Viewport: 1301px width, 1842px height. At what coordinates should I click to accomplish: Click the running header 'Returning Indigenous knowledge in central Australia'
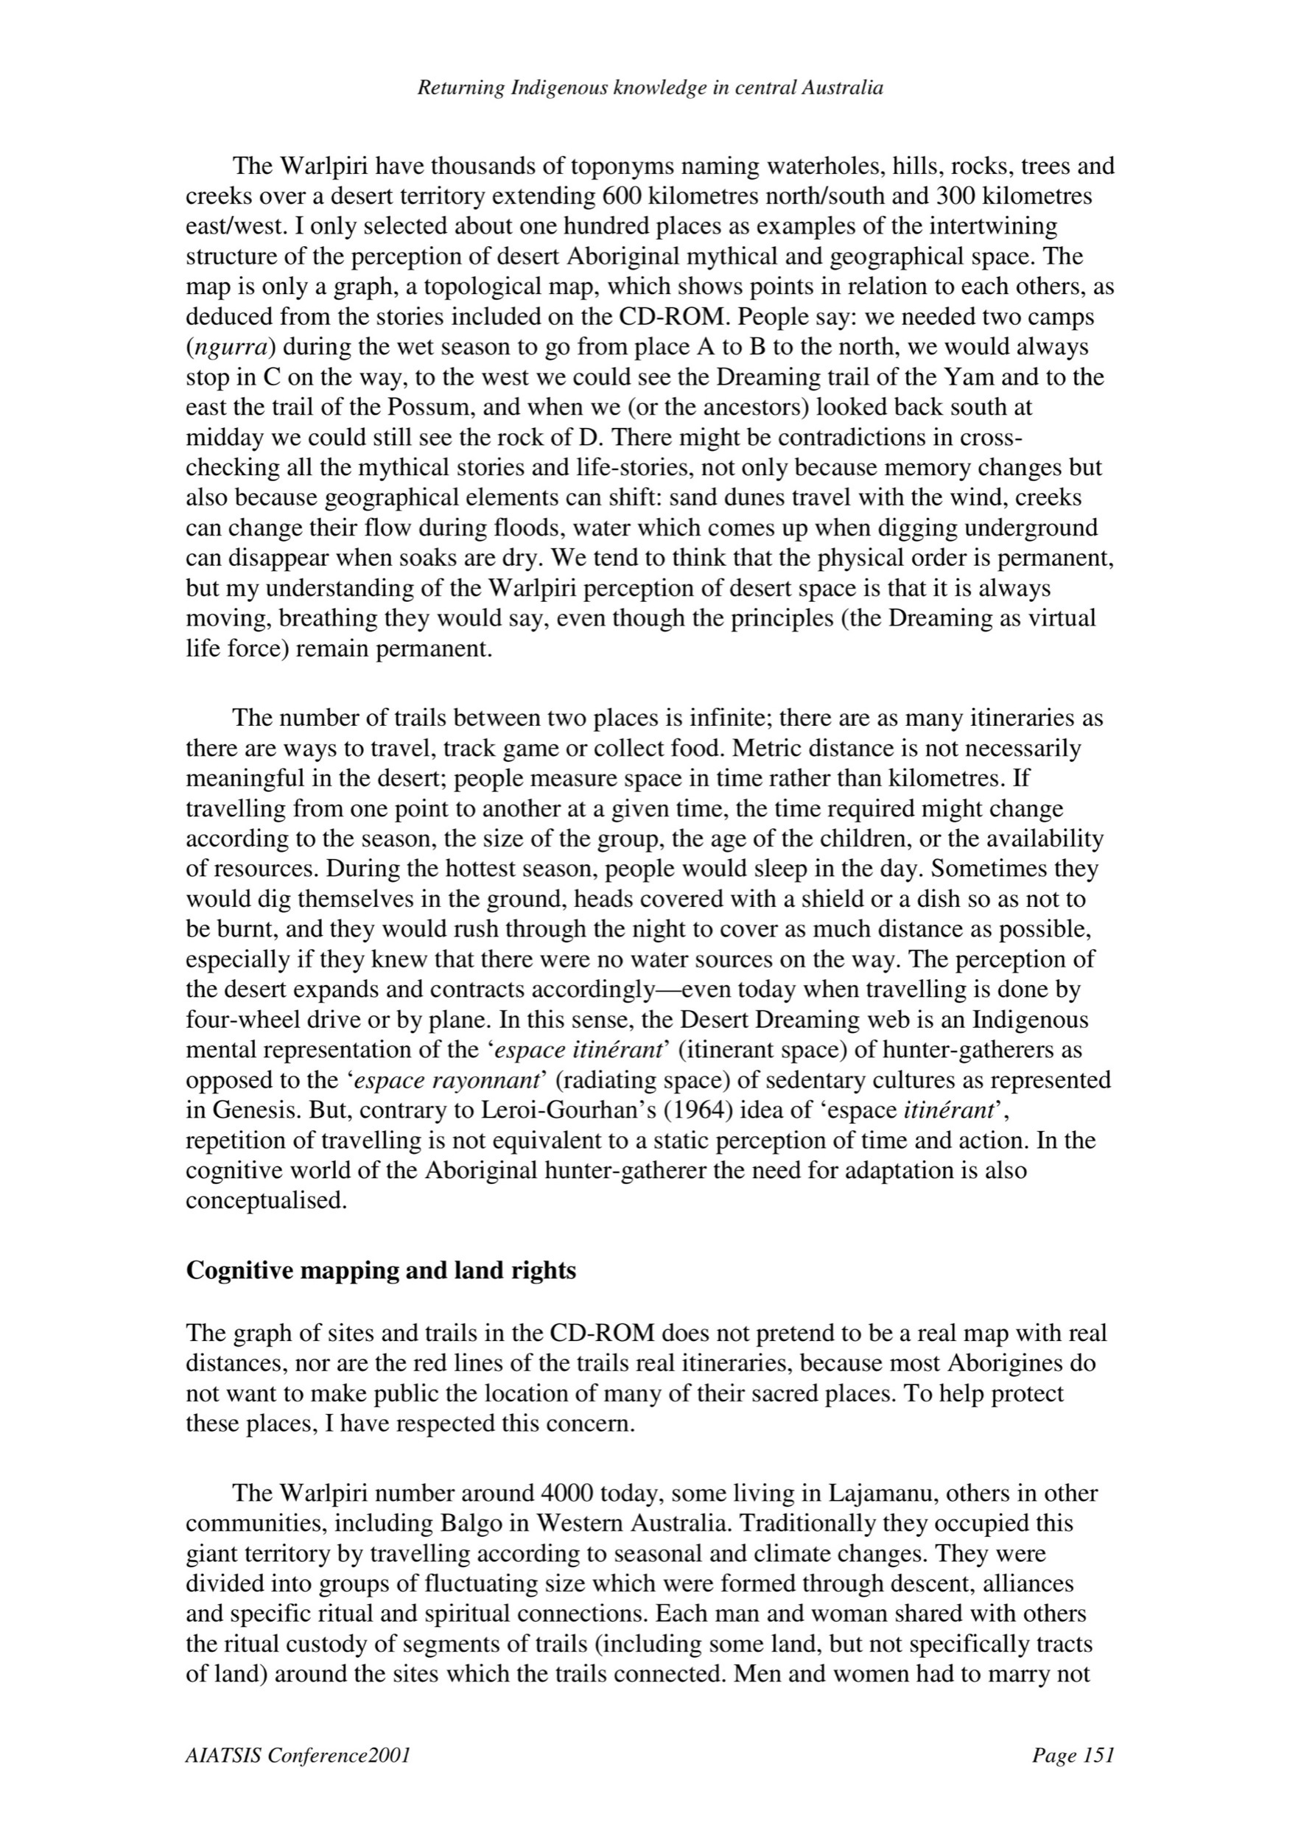[x=650, y=88]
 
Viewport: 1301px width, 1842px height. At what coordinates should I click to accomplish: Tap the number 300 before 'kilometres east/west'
[x=951, y=197]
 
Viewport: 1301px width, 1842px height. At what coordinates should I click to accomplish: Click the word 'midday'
[x=222, y=438]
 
